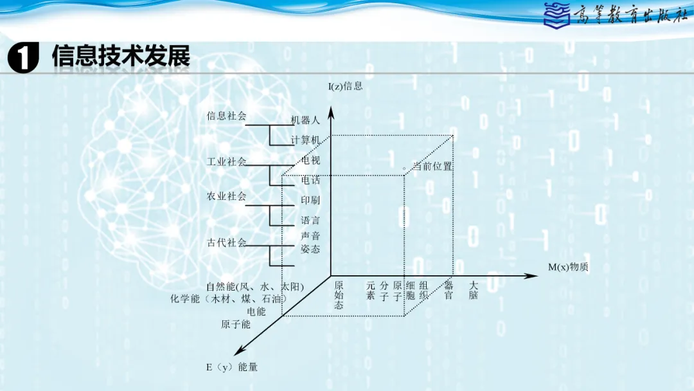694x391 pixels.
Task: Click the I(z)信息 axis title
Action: [x=345, y=86]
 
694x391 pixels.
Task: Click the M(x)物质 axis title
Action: [x=568, y=267]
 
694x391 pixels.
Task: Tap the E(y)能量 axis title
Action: [x=231, y=367]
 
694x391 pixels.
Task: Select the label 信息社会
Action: [x=226, y=116]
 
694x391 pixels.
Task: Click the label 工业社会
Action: [x=226, y=161]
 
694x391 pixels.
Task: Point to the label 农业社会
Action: [x=226, y=196]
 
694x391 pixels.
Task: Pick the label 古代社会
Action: [x=226, y=242]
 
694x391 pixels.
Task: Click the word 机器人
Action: [x=305, y=120]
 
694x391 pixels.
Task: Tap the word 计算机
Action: [x=305, y=140]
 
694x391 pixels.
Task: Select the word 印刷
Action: [x=310, y=200]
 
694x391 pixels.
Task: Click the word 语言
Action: [x=310, y=221]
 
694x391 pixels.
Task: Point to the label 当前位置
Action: [x=432, y=167]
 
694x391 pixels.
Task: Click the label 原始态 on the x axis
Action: [x=339, y=295]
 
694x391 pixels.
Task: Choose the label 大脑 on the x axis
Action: [x=474, y=290]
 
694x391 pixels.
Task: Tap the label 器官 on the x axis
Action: [x=449, y=290]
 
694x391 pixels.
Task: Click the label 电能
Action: [x=256, y=312]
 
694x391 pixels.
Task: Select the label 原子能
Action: [x=236, y=325]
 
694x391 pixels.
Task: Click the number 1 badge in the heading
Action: [x=24, y=59]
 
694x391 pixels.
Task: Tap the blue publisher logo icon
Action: [x=556, y=15]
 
